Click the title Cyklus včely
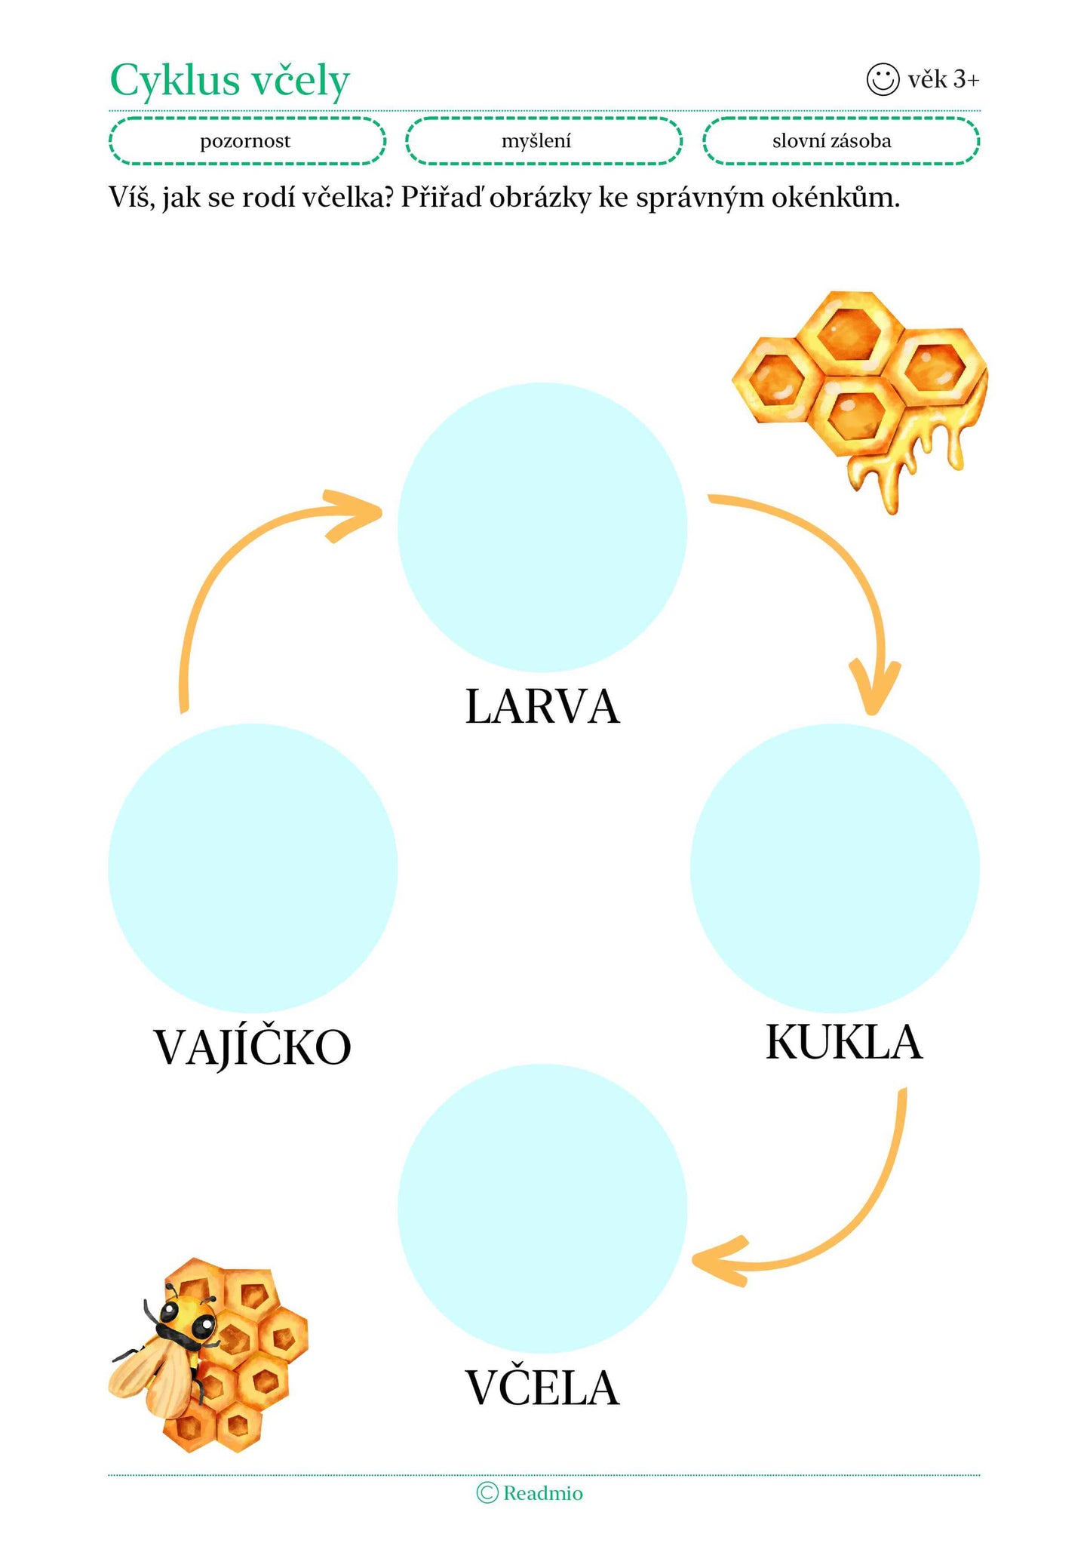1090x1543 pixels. (x=230, y=80)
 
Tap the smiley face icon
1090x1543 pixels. (x=883, y=78)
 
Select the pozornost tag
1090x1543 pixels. (x=247, y=141)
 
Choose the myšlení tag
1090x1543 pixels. (x=543, y=141)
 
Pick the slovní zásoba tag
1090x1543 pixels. (x=840, y=141)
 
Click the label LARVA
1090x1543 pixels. (x=542, y=708)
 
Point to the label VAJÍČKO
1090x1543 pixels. (x=253, y=1047)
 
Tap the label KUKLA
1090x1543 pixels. (x=843, y=1043)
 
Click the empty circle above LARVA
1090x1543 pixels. (x=542, y=527)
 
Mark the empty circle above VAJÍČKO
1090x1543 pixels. (x=253, y=868)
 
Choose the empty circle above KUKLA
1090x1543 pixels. (x=834, y=868)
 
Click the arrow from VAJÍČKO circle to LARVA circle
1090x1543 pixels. (x=226, y=573)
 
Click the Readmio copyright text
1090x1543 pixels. (x=530, y=1492)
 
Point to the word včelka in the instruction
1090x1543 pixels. (x=345, y=198)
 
